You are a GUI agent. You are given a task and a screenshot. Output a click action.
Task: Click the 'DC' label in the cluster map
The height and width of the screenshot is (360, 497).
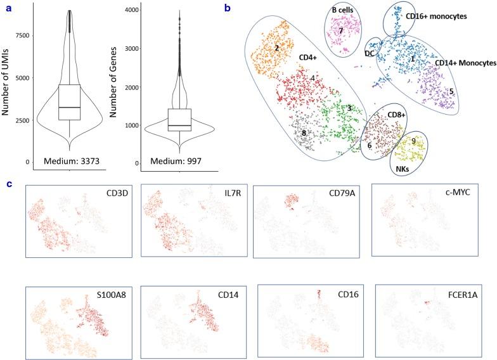370,54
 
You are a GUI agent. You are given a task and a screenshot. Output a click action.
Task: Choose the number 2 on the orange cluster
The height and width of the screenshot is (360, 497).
277,48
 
